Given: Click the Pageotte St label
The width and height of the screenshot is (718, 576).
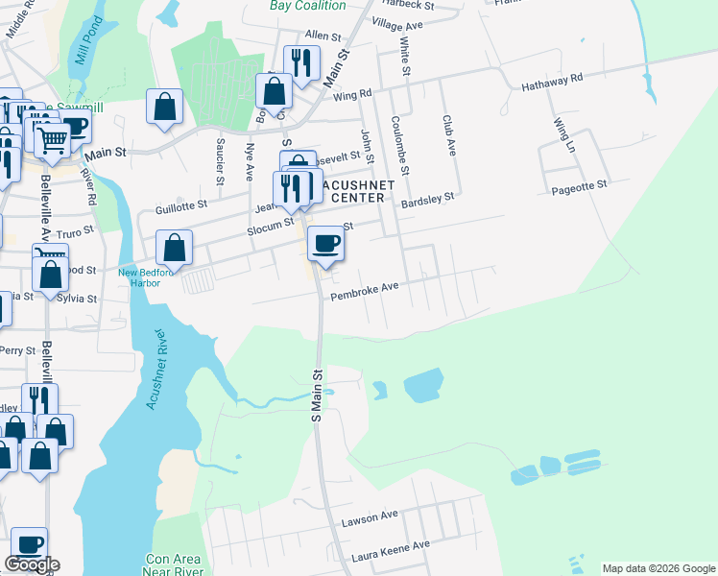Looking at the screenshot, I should (x=579, y=185).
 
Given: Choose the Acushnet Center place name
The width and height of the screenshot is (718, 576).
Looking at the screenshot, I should (x=354, y=190).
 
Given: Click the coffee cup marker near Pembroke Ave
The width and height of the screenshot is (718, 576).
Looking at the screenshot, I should (x=325, y=245).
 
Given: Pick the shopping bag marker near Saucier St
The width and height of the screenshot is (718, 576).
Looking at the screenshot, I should (x=164, y=108).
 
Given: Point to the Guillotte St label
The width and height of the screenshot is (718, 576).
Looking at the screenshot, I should (x=181, y=205).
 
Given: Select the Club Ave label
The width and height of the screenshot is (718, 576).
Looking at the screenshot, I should (x=448, y=135).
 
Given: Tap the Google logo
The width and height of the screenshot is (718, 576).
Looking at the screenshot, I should (x=32, y=564).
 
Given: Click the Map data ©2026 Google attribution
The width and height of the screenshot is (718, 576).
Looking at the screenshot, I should (x=658, y=568).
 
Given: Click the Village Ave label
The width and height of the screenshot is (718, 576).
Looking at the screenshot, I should (x=396, y=25).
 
